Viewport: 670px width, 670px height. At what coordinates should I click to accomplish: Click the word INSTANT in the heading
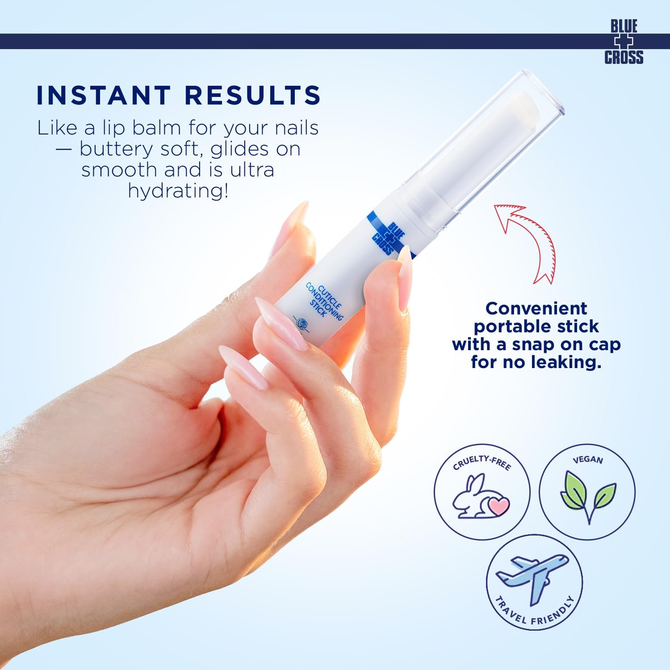coord(103,95)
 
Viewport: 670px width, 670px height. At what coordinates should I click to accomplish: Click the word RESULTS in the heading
coord(253,95)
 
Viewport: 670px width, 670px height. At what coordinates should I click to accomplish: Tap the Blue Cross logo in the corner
coord(624,42)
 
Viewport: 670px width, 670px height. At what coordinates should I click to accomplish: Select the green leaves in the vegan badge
coord(588,496)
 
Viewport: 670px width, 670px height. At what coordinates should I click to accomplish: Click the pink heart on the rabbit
coord(498,506)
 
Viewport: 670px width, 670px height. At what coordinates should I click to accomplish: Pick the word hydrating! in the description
coord(178,191)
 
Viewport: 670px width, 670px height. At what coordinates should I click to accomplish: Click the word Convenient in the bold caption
coord(536,309)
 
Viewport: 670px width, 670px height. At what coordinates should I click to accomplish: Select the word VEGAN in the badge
coord(587,459)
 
